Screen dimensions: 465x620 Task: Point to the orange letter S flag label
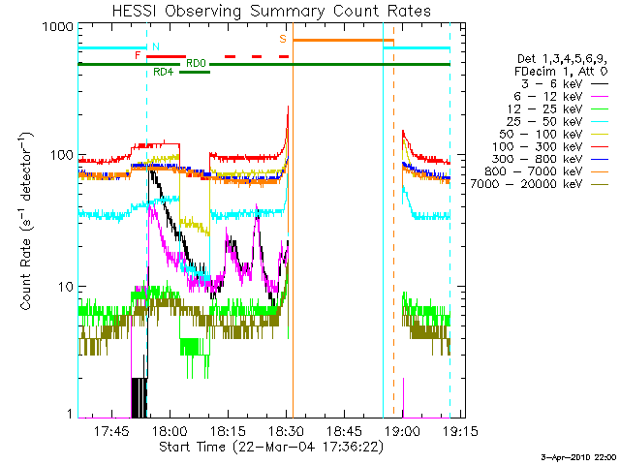pyautogui.click(x=283, y=39)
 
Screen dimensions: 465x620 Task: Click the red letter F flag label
pyautogui.click(x=138, y=56)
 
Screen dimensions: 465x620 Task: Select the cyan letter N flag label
pyautogui.click(x=155, y=46)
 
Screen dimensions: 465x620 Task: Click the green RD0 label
pyautogui.click(x=195, y=62)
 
